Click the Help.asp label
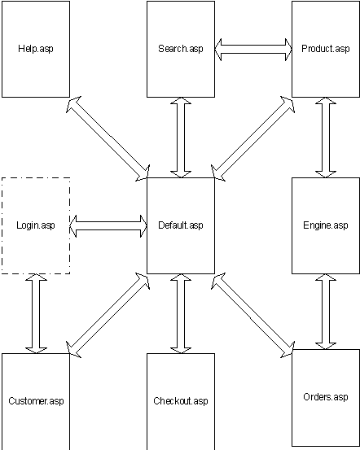tap(36, 49)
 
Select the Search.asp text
tap(181, 49)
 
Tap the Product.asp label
tap(326, 49)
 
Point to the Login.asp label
tap(36, 225)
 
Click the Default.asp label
tap(181, 225)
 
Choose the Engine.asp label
tap(326, 225)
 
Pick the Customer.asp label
tap(36, 401)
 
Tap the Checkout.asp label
tap(181, 401)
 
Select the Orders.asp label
tap(326, 397)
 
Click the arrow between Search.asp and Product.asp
tap(253, 50)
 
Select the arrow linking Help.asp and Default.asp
tap(108, 138)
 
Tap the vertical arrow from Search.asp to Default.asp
tap(181, 138)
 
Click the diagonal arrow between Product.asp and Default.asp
tap(252, 138)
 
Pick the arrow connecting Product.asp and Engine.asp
tap(326, 138)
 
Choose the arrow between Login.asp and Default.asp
tap(108, 226)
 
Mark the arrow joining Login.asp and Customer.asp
tap(36, 313)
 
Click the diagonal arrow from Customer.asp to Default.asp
tap(108, 315)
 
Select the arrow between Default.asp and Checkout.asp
tap(181, 313)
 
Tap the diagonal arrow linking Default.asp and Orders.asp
tap(252, 315)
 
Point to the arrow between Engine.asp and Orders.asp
tap(326, 312)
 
